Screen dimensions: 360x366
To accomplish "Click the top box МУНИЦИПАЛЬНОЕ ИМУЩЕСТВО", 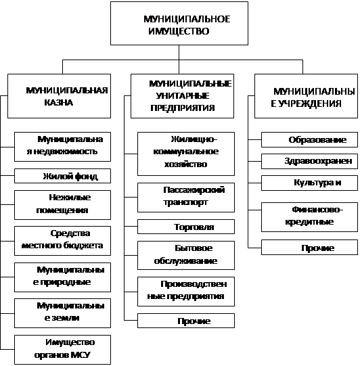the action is pos(179,24).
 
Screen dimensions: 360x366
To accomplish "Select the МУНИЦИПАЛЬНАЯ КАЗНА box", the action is pos(59,96).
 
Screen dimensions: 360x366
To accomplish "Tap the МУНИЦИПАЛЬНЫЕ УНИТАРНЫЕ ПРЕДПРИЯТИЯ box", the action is pos(182,96).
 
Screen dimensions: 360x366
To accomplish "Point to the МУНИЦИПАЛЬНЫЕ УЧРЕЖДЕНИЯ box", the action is pos(306,96).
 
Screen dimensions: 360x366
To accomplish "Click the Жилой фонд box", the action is pos(62,176).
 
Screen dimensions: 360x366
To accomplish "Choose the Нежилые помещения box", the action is pos(62,205).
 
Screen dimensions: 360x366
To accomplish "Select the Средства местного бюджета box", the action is pos(62,241).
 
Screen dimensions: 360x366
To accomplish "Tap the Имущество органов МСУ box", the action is pos(62,350).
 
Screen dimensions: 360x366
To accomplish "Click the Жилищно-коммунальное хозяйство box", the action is pos(186,154).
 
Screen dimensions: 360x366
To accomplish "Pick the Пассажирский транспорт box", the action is pos(186,198).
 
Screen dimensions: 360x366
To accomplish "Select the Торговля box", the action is pos(186,227).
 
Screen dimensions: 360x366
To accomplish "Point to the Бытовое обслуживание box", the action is pos(186,255).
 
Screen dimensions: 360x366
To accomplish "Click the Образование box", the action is pos(309,139).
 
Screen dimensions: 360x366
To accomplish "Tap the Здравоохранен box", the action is pos(309,161).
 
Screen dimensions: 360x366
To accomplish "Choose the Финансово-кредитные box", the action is pos(309,217).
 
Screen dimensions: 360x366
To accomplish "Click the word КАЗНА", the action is pos(59,102).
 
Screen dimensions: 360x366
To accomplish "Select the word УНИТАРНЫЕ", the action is pos(182,95).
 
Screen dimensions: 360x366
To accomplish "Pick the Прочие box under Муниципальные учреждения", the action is pos(309,247).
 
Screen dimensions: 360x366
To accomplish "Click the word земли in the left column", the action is pos(65,318).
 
